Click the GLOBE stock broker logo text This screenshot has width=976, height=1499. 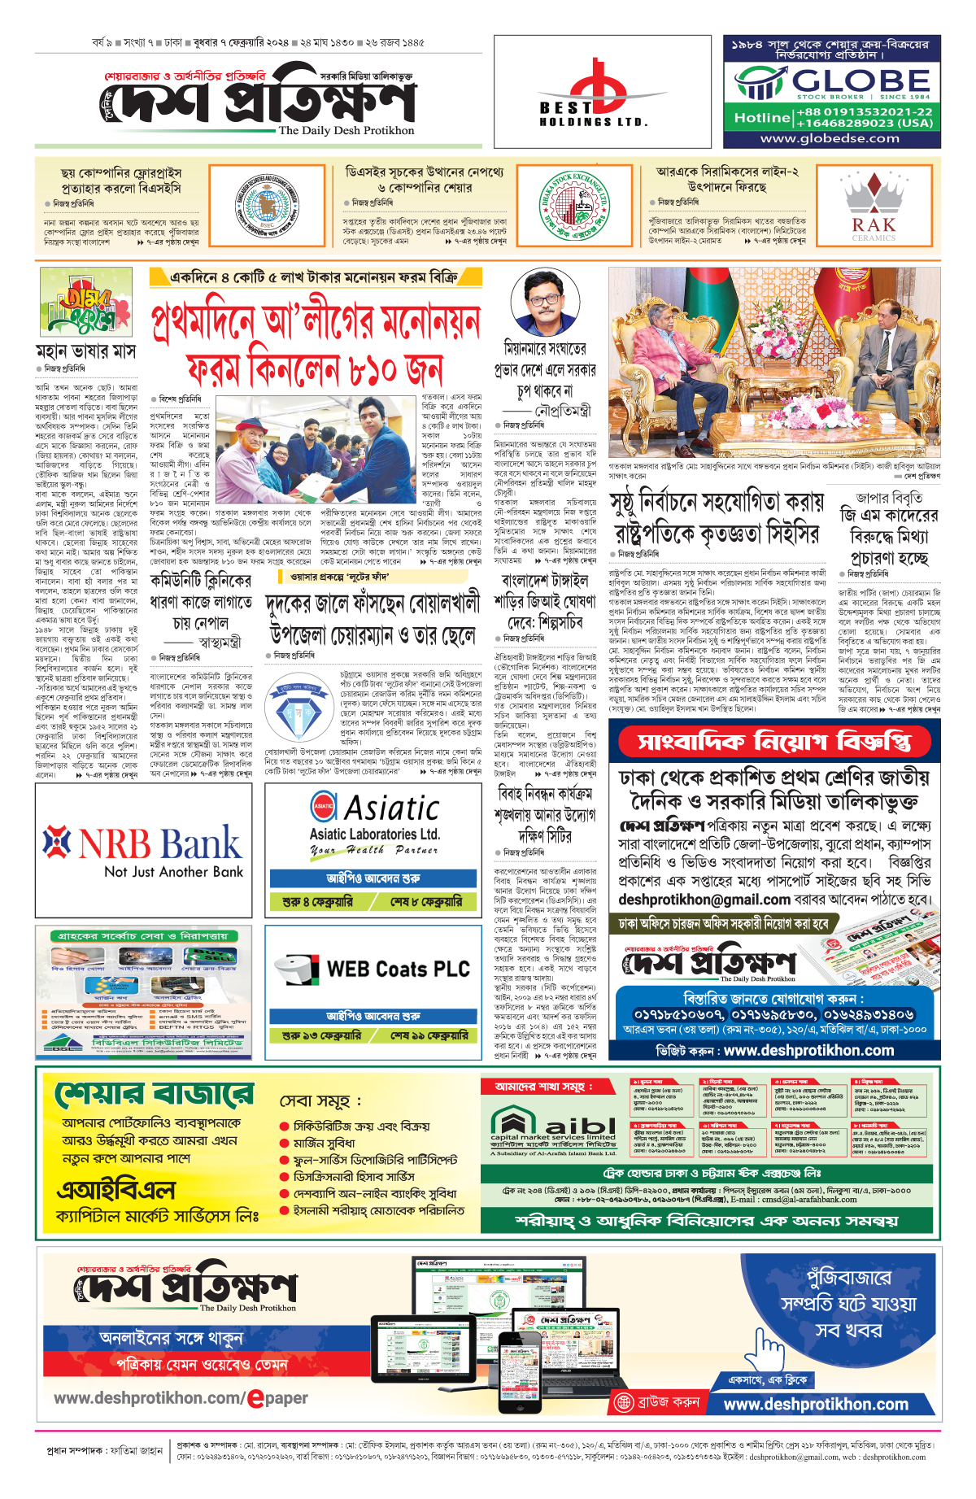point(861,81)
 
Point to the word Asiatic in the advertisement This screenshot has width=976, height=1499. point(391,808)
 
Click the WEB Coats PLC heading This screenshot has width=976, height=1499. point(398,969)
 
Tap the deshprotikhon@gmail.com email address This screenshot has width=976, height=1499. point(704,900)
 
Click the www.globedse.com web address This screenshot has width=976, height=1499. point(830,138)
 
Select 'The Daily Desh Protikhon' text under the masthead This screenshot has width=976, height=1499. point(346,130)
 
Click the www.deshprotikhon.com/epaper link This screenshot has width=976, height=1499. point(181,1398)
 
